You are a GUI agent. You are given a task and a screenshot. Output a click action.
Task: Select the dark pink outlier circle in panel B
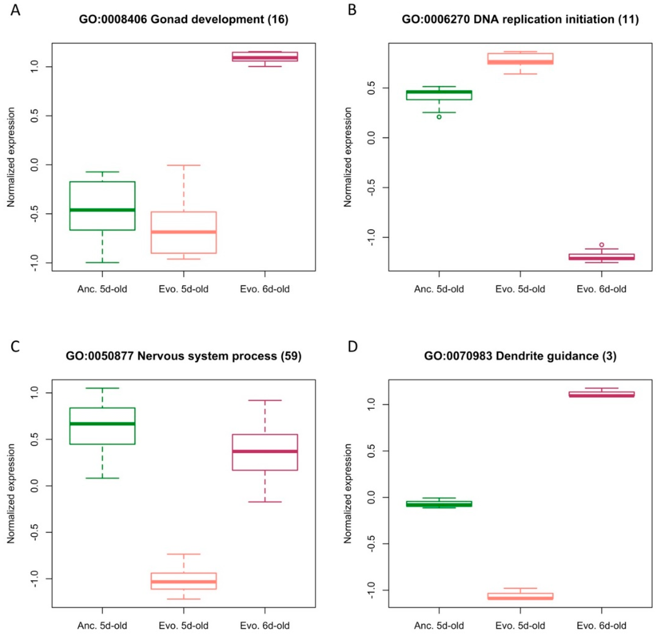pyautogui.click(x=602, y=245)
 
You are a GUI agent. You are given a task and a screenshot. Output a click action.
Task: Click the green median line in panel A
pyautogui.click(x=102, y=210)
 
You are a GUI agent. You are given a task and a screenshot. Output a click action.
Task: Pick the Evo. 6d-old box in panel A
pyautogui.click(x=265, y=56)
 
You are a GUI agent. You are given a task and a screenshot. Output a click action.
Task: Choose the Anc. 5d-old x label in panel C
pyautogui.click(x=102, y=625)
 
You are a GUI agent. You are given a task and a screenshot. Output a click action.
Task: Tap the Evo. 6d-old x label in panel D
pyautogui.click(x=602, y=625)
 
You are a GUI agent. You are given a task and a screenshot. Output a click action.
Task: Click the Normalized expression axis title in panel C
pyautogui.click(x=11, y=493)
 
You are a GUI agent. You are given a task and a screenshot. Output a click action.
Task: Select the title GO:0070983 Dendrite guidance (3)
pyautogui.click(x=520, y=356)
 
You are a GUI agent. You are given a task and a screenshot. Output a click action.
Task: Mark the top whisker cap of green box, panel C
pyautogui.click(x=102, y=388)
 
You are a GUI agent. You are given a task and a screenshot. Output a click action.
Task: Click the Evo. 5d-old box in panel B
pyautogui.click(x=520, y=59)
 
